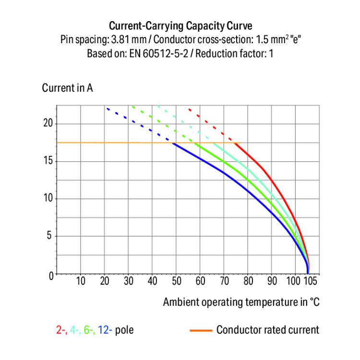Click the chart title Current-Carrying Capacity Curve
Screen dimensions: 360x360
click(x=180, y=25)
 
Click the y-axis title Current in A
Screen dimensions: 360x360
click(x=67, y=88)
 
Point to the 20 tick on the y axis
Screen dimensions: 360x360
click(x=47, y=124)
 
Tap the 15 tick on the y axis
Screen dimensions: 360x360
click(x=47, y=161)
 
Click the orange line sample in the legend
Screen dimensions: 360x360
click(x=201, y=330)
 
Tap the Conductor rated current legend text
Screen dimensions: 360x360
click(x=267, y=330)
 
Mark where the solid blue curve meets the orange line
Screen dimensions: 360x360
click(x=173, y=143)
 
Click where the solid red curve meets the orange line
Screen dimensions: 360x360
click(x=236, y=143)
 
